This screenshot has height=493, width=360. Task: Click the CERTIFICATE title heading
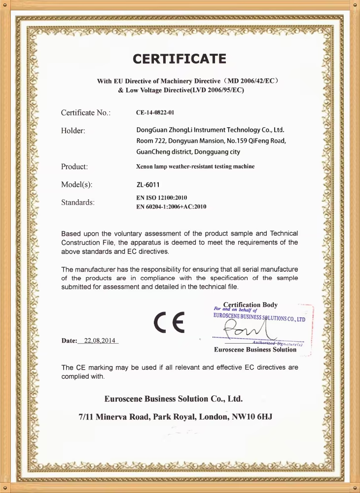(x=180, y=60)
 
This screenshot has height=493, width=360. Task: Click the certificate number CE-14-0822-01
(x=155, y=113)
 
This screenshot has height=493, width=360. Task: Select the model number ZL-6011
(x=148, y=185)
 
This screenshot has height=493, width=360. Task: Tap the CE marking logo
(x=169, y=322)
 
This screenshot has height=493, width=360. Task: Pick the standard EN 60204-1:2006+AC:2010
(x=171, y=207)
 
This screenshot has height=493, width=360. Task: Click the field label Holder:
(x=73, y=131)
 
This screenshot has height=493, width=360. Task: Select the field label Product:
(x=74, y=167)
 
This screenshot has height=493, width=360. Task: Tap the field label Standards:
(x=78, y=202)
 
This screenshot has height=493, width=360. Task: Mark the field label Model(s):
(x=76, y=185)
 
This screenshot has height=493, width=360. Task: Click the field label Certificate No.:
(x=85, y=113)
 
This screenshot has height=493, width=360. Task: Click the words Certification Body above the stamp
(x=250, y=305)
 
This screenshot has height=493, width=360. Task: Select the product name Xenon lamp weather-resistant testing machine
(x=195, y=167)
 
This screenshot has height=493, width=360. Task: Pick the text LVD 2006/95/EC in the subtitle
(x=216, y=90)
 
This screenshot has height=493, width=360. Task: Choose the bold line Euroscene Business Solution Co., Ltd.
(x=174, y=398)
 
